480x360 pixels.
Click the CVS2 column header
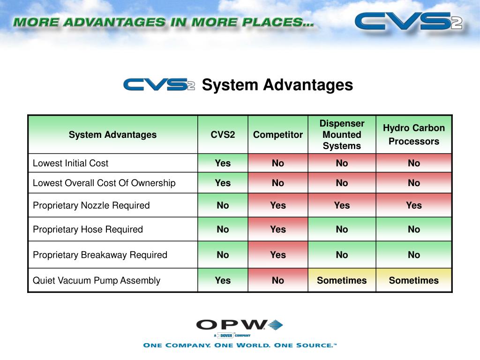click(223, 135)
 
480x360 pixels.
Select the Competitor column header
click(278, 135)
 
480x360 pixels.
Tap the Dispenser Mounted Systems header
click(342, 135)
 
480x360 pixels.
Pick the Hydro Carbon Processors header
click(414, 135)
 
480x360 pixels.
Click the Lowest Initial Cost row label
click(70, 163)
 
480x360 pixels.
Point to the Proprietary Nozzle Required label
click(91, 205)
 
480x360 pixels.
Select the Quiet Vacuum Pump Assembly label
click(96, 280)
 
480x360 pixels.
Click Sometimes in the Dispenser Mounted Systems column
click(342, 280)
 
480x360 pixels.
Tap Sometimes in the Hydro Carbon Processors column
click(414, 280)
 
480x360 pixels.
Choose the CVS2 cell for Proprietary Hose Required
click(223, 229)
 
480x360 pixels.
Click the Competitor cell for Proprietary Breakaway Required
click(278, 255)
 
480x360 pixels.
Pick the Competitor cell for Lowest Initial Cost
click(278, 163)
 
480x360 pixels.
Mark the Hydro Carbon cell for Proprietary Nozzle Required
click(414, 205)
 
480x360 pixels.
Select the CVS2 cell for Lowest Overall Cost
click(223, 183)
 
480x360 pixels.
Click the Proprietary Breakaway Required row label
click(100, 255)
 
